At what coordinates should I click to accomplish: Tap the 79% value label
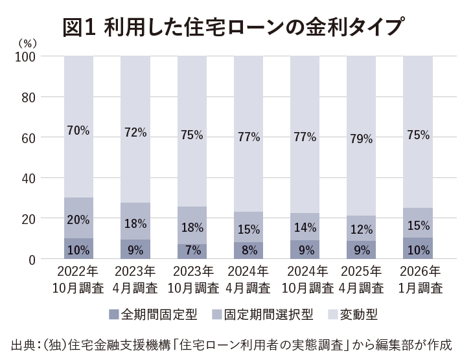[x=360, y=138]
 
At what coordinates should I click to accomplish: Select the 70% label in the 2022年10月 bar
[x=78, y=130]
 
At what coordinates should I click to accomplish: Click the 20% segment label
[x=78, y=220]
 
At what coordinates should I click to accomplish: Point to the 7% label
[x=192, y=249]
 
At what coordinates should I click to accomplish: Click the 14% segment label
[x=305, y=227]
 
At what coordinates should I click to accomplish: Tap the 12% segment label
[x=360, y=229]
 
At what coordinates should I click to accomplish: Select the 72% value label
[x=134, y=133]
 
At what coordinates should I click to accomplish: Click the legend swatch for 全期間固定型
[x=114, y=315]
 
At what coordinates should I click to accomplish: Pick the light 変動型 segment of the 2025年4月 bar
[x=360, y=97]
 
